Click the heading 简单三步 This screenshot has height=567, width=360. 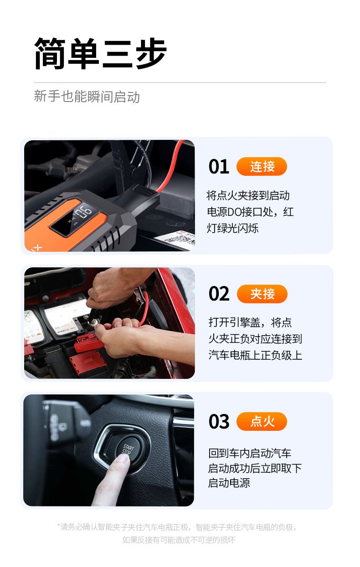100,53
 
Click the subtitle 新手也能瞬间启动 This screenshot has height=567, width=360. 87,97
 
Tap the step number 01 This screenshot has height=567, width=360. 219,167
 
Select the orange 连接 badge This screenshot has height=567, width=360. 262,166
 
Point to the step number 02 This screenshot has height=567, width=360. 219,294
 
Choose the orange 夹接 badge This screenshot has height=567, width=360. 262,294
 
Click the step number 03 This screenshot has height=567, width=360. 219,421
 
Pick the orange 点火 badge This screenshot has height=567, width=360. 262,421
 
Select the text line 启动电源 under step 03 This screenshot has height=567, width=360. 229,483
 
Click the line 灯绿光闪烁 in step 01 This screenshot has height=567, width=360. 232,228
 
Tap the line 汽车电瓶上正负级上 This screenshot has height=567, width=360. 255,355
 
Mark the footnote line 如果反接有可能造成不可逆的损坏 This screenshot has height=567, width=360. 179,540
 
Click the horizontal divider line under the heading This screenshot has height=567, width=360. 180,82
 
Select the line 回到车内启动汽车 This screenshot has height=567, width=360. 250,453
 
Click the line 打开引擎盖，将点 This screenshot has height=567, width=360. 250,322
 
